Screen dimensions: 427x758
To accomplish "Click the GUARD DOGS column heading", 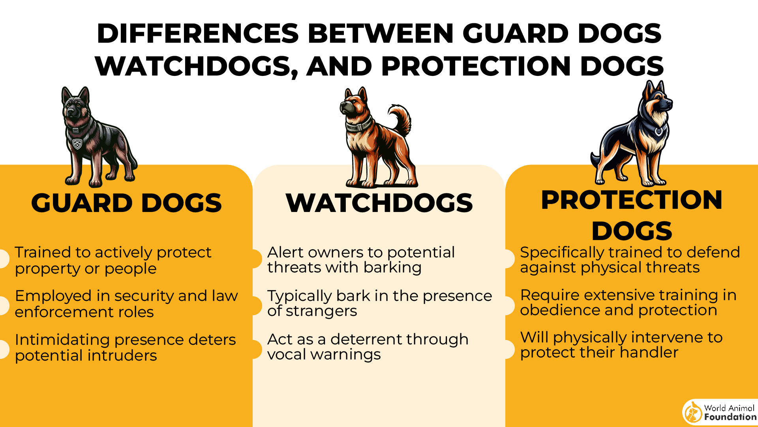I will pos(126,203).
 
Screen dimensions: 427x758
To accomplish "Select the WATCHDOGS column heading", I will pos(379,203).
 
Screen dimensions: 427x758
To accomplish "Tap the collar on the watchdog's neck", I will pos(358,125).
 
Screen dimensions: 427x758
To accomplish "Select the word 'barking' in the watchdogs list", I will pos(392,268).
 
